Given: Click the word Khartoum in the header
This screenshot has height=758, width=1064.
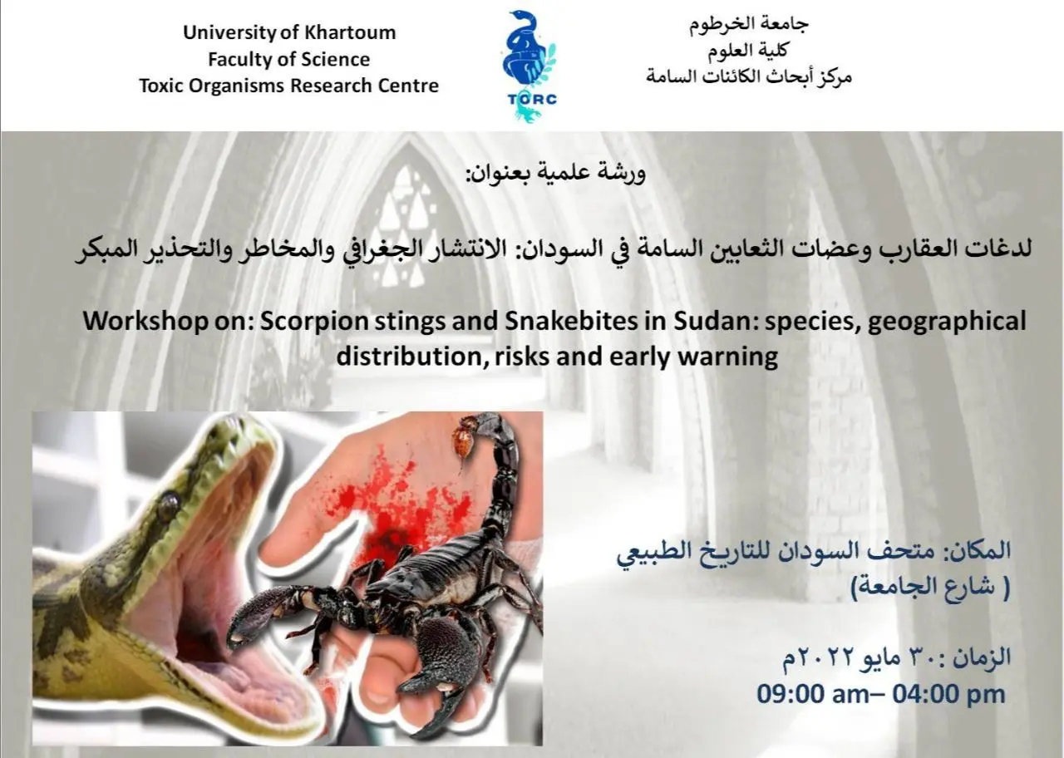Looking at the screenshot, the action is coord(350,32).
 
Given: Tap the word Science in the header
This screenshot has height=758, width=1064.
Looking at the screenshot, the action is coord(335,59).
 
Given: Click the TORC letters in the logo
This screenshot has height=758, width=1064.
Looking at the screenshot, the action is coord(532,99).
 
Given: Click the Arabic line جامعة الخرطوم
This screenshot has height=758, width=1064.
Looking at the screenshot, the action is coord(749,25).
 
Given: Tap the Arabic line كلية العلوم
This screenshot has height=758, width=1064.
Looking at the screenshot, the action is coord(748,51).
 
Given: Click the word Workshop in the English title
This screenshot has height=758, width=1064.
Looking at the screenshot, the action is coord(145,322).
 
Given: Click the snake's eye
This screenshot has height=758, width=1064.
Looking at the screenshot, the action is coord(169,504).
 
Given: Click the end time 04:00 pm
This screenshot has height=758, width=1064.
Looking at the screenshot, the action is coord(948,694).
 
